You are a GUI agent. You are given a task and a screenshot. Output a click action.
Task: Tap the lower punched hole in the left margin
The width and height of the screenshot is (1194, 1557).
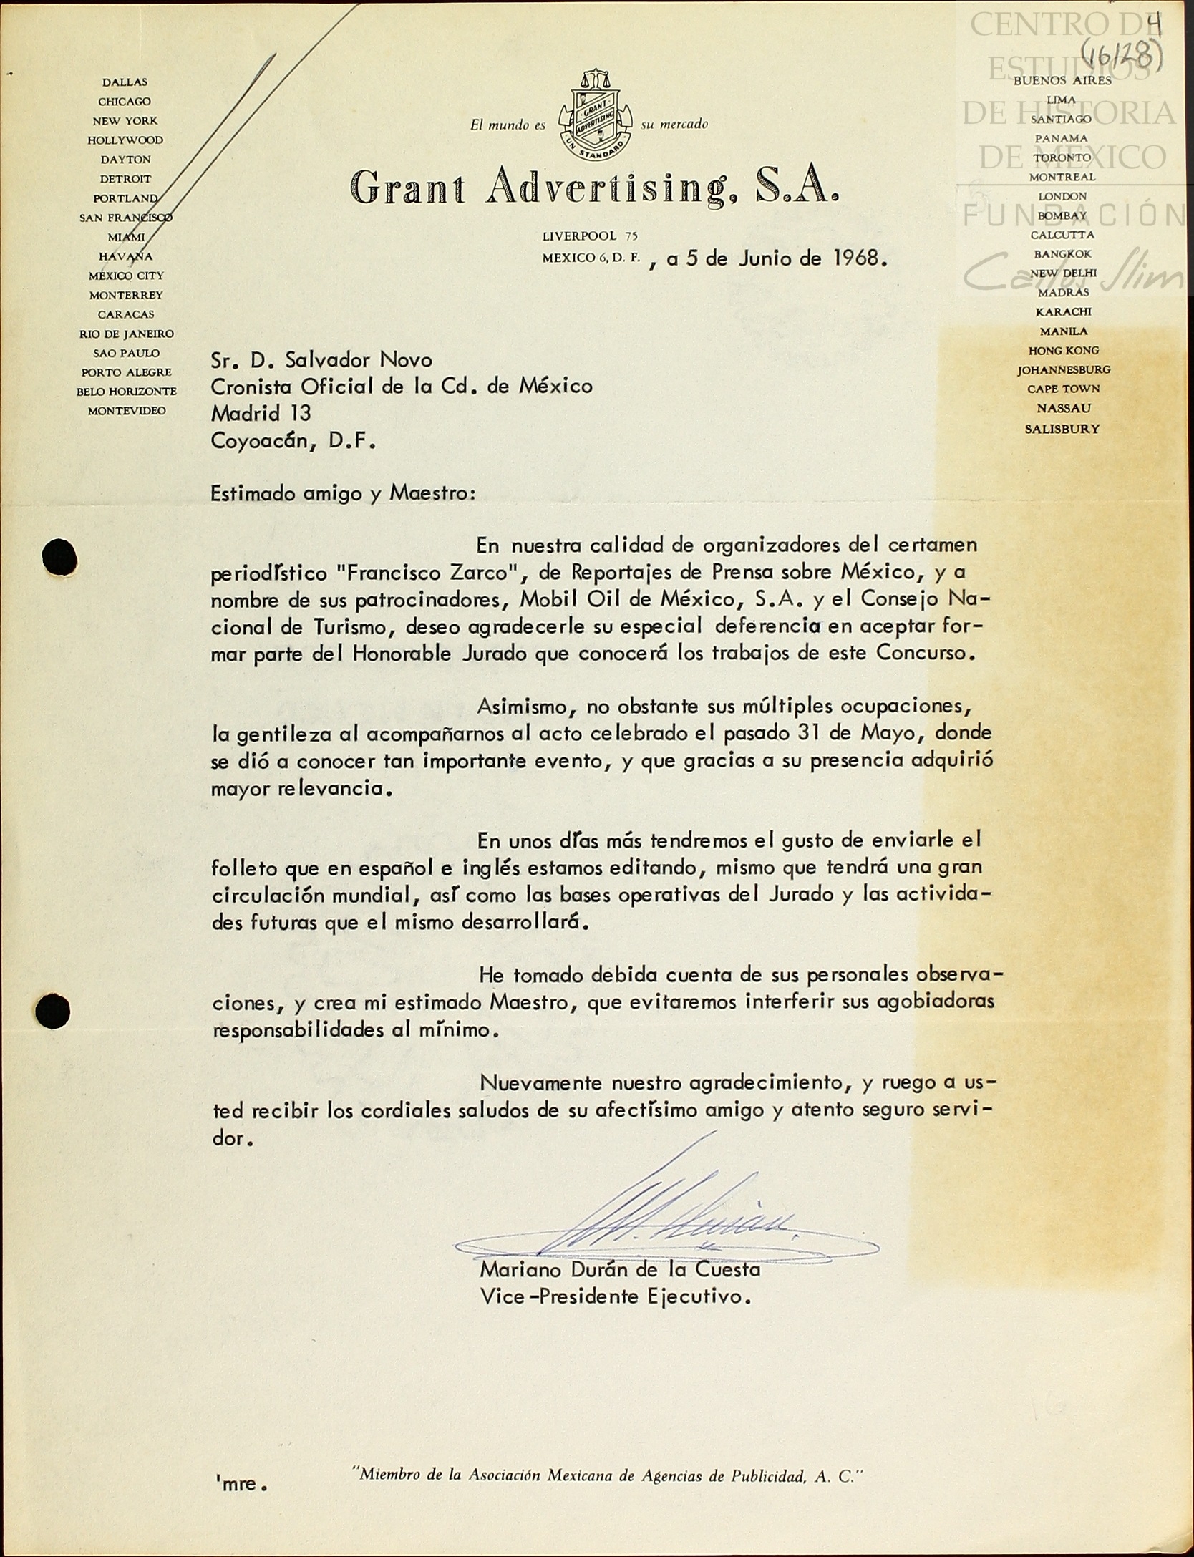pyautogui.click(x=53, y=1012)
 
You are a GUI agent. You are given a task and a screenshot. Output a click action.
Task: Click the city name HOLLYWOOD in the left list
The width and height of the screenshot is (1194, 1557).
pyautogui.click(x=125, y=140)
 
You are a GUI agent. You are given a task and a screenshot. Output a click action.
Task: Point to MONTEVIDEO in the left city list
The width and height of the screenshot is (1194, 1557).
pyautogui.click(x=127, y=411)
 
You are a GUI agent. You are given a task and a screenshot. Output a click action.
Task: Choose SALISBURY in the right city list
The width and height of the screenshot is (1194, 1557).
pyautogui.click(x=1062, y=430)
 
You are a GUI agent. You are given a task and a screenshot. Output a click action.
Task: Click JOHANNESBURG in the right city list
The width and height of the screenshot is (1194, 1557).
pyautogui.click(x=1064, y=370)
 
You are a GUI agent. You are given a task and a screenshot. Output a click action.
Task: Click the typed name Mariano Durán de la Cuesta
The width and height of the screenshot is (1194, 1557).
pyautogui.click(x=620, y=1271)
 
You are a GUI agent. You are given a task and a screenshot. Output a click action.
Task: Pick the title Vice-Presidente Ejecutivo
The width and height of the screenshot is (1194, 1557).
pyautogui.click(x=615, y=1297)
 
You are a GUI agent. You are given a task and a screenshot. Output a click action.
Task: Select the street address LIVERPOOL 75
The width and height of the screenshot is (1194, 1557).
pyautogui.click(x=589, y=236)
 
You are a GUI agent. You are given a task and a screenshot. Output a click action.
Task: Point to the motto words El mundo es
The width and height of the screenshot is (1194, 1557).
pyautogui.click(x=508, y=125)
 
